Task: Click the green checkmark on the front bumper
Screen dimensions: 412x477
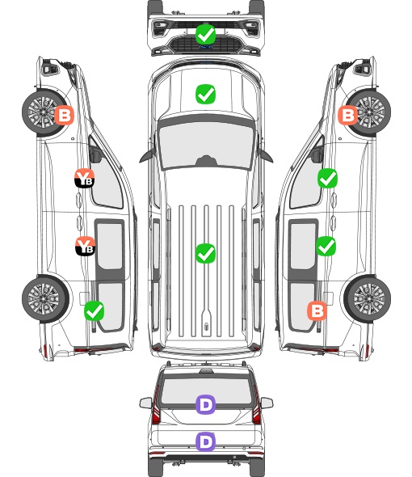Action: click(206, 34)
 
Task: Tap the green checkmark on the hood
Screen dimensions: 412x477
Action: click(206, 94)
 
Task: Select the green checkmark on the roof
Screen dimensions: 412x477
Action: click(206, 253)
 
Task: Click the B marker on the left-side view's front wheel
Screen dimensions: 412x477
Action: click(64, 115)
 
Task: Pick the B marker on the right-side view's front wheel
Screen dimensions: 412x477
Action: click(348, 115)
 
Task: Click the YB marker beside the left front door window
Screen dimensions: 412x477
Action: click(85, 178)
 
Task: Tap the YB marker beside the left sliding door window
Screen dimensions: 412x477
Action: click(85, 246)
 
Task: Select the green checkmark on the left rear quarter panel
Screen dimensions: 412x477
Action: click(95, 310)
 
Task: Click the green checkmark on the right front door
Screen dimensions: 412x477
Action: click(327, 178)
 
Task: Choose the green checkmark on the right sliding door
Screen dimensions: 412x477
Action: click(326, 246)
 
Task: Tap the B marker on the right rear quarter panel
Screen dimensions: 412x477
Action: click(317, 311)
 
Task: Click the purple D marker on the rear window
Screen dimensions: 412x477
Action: click(206, 404)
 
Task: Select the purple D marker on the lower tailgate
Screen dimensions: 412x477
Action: click(206, 441)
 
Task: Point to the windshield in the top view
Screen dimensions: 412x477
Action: click(206, 144)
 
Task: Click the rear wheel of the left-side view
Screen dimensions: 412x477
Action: click(45, 299)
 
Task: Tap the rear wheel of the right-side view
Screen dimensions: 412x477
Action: click(368, 299)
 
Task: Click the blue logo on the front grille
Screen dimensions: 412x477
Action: click(206, 47)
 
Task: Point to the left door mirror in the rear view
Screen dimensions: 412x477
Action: click(146, 403)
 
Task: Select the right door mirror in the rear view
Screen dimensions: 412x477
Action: click(267, 403)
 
